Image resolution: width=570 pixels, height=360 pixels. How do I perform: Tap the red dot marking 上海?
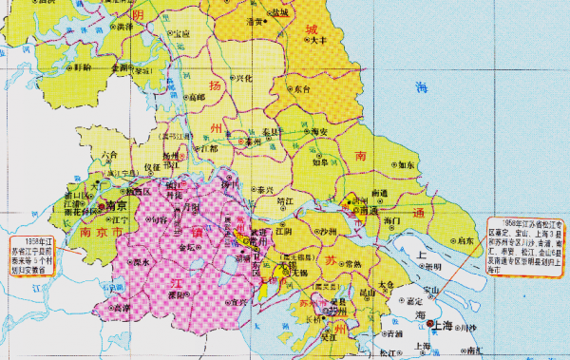(x=432, y=324)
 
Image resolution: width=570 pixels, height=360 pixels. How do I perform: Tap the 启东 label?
(x=465, y=242)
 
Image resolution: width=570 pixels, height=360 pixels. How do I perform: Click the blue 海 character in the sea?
(x=423, y=87)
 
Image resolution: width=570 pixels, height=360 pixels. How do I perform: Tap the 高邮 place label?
(x=196, y=97)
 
